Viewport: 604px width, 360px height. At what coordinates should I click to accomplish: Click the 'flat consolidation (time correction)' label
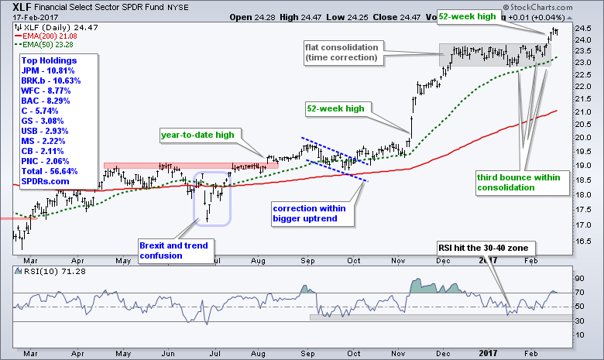click(342, 53)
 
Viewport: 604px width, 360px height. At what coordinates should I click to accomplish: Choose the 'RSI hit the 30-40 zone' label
click(487, 247)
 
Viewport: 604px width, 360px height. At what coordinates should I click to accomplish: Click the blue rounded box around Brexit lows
click(210, 198)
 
